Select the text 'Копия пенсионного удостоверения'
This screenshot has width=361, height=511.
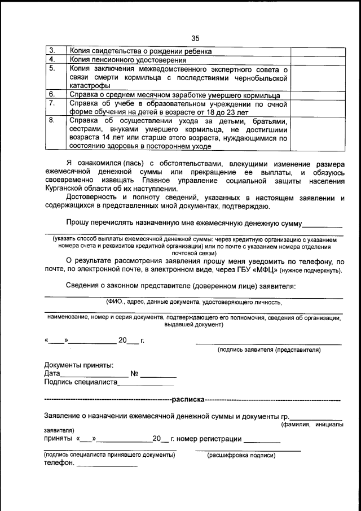(128, 60)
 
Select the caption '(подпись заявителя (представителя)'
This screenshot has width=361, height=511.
(268, 350)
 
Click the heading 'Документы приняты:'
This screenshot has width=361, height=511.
(78, 365)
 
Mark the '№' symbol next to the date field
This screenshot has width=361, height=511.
(134, 374)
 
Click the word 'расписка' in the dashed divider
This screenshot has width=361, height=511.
(188, 400)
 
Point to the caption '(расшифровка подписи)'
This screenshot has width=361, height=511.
(241, 455)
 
